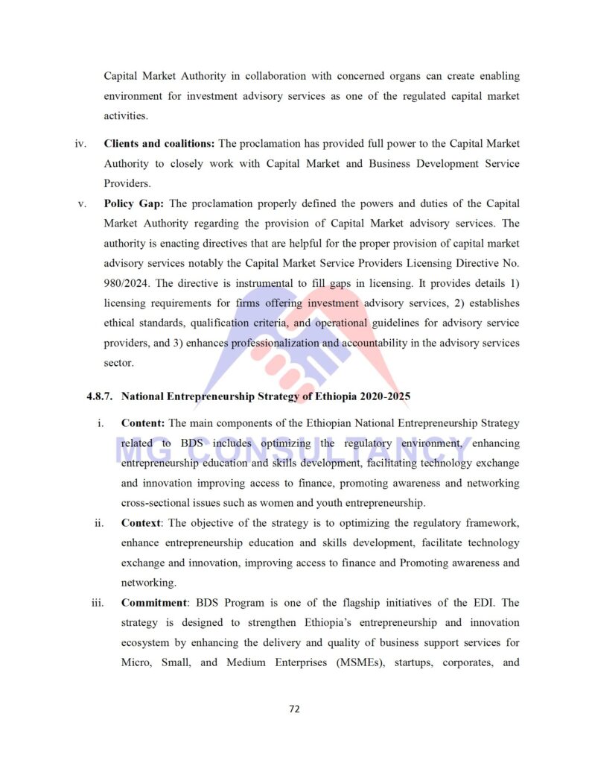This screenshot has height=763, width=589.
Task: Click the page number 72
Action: [x=294, y=709]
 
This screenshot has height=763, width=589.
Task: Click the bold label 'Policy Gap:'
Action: [x=135, y=203]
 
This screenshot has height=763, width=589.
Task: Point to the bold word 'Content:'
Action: [x=143, y=423]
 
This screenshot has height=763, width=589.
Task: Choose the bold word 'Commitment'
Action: [x=153, y=602]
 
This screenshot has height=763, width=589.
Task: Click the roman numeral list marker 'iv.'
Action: [x=80, y=143]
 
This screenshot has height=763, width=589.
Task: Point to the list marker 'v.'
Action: [x=83, y=203]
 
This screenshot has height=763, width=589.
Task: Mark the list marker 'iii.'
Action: [x=98, y=602]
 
